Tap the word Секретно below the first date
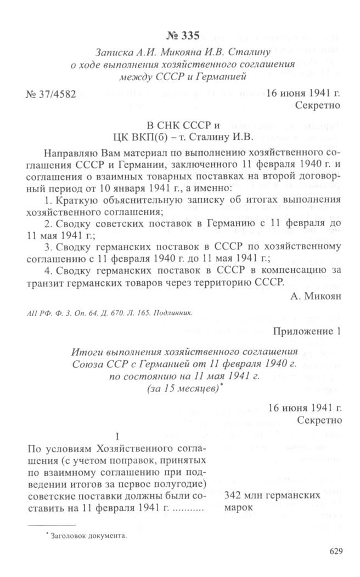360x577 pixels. pyautogui.click(x=318, y=104)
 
